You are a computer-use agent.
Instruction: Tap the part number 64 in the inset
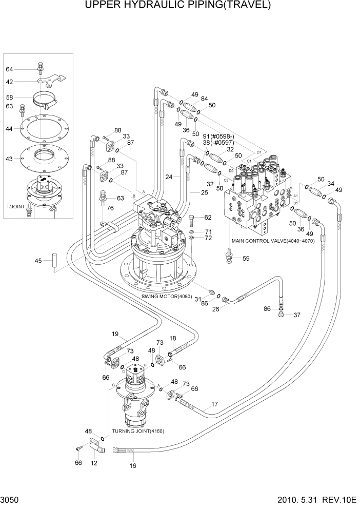click(9, 69)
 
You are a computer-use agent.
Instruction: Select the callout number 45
click(38, 261)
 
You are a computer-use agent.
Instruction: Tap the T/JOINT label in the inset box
click(15, 206)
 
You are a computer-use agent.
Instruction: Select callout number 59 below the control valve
click(246, 258)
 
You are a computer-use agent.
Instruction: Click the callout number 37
click(296, 315)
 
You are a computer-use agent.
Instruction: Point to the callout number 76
click(110, 208)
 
